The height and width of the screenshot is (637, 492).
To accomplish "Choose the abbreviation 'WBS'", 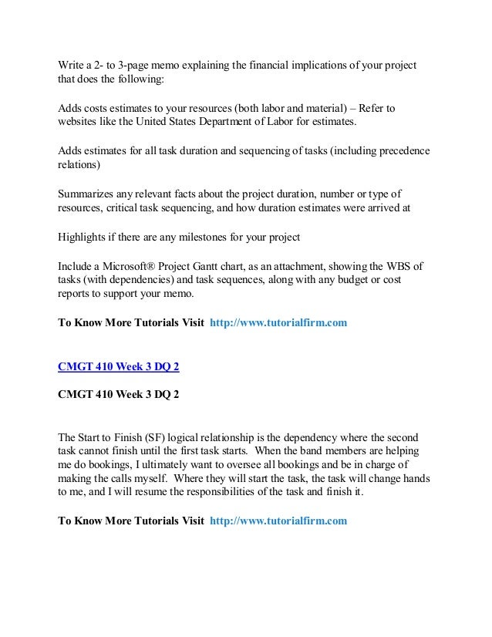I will pyautogui.click(x=393, y=265).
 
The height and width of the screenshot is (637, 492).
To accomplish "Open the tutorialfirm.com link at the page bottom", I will pyautogui.click(x=278, y=521).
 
